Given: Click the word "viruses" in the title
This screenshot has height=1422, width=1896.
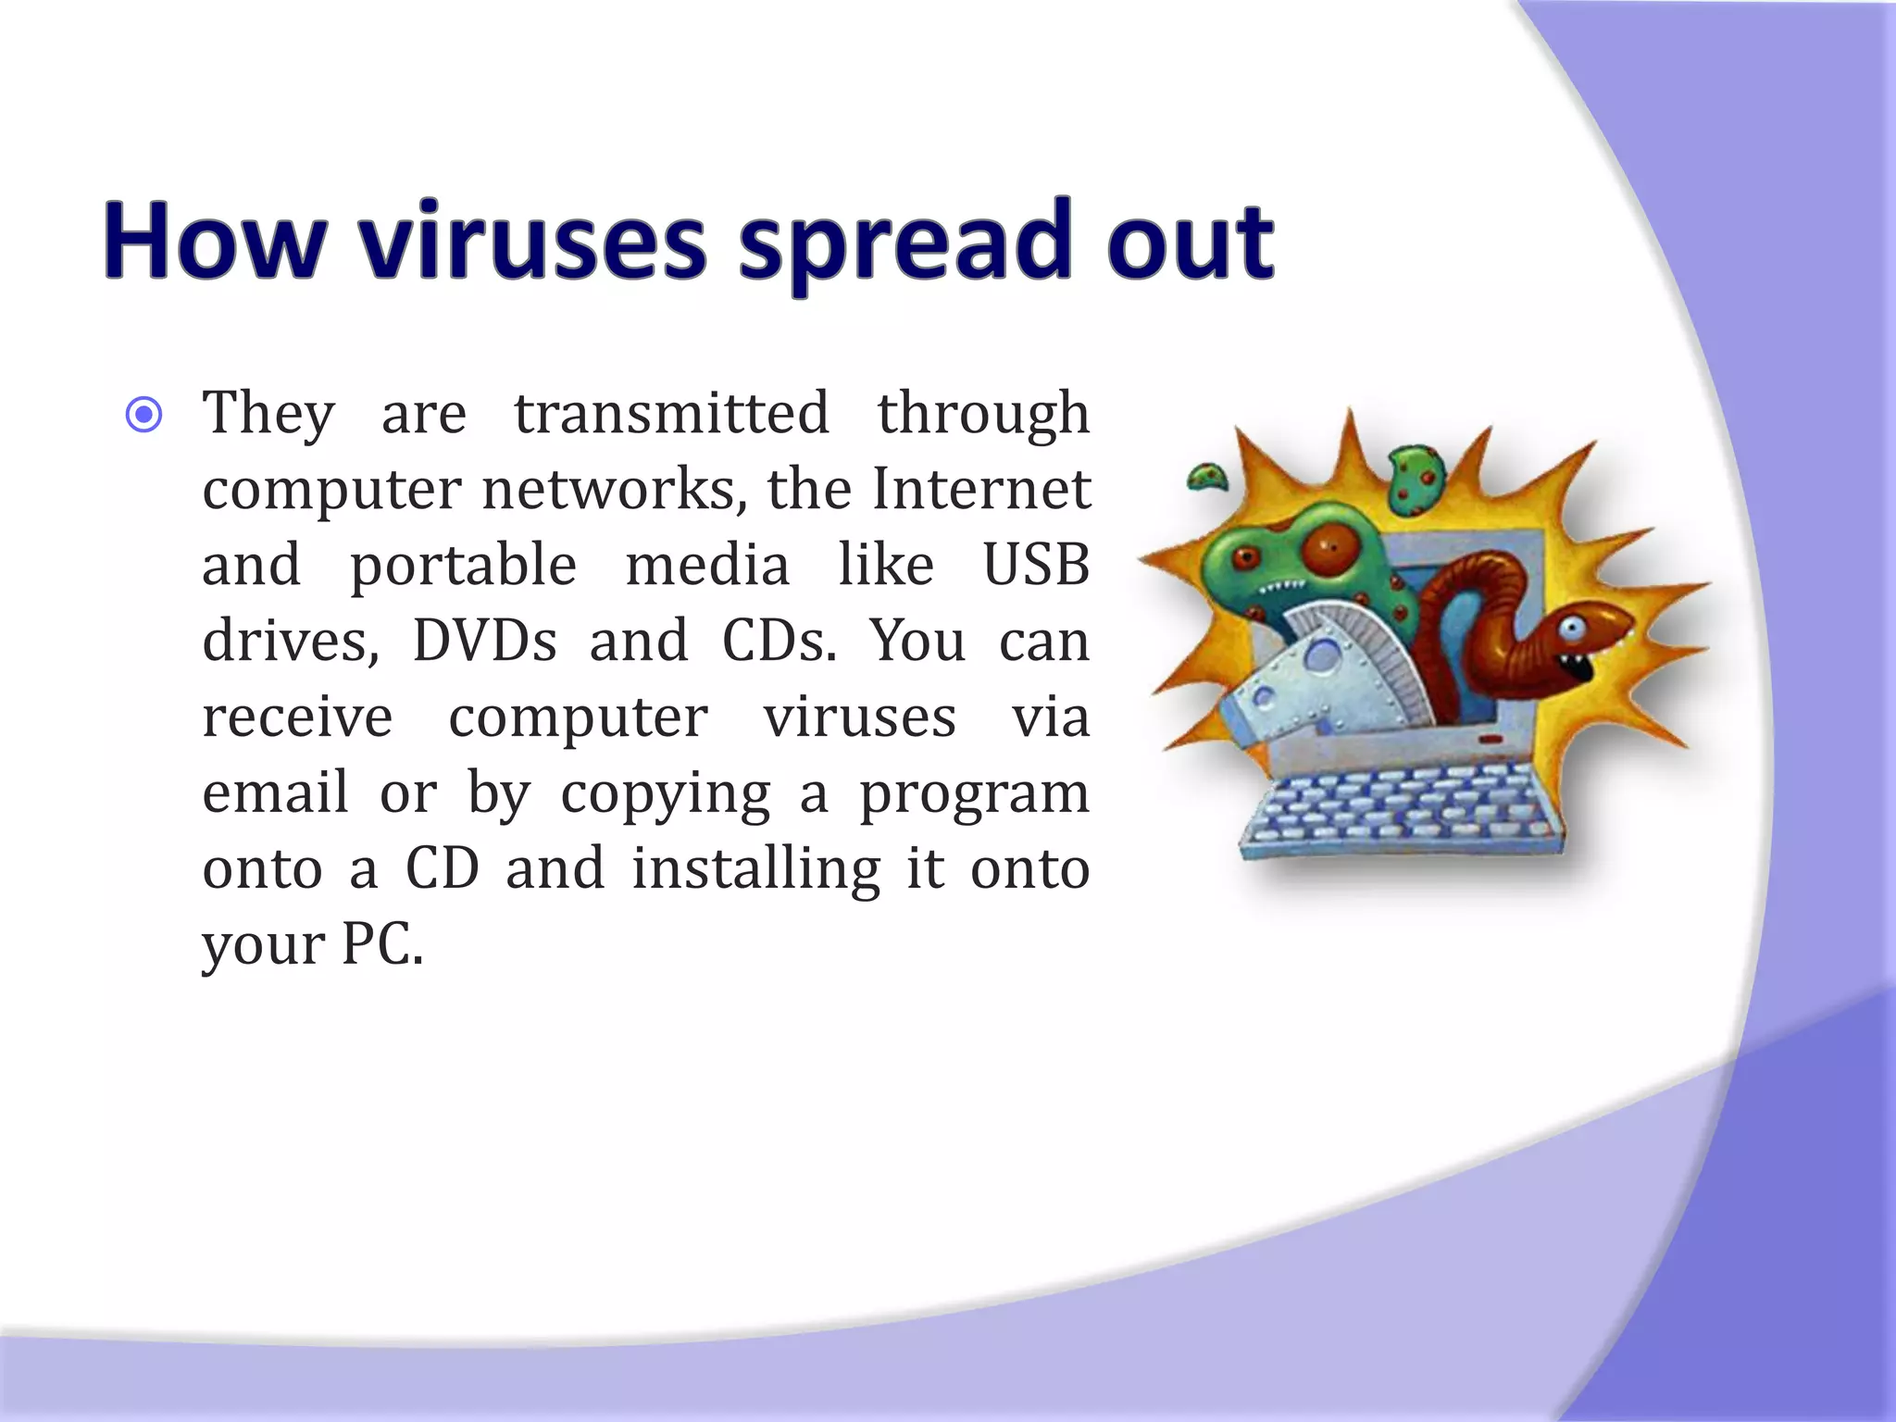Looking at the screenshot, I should [x=533, y=243].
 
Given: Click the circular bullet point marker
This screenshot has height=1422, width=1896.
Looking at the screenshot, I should [x=143, y=414].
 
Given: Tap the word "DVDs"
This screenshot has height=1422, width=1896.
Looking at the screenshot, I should [x=484, y=641].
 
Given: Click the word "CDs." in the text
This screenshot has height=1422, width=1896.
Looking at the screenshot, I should [x=780, y=641].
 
